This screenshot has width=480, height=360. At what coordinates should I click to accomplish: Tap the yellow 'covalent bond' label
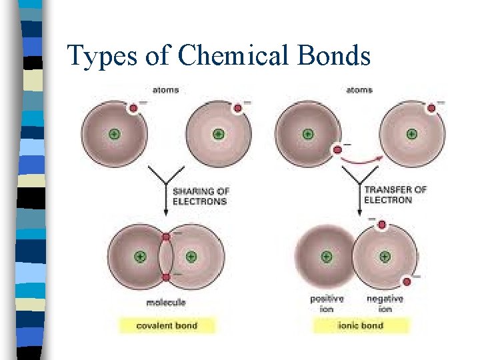[x=167, y=325]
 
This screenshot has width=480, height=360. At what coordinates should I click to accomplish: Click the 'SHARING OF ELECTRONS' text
[x=199, y=195]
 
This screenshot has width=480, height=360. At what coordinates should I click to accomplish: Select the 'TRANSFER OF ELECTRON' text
[x=395, y=195]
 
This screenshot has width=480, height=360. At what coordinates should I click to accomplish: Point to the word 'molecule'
[x=166, y=303]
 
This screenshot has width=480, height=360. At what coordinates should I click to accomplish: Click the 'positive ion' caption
[x=327, y=303]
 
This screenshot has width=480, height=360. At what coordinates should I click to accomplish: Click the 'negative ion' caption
[x=385, y=303]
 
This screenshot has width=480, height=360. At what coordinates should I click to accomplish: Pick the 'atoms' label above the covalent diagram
[x=166, y=90]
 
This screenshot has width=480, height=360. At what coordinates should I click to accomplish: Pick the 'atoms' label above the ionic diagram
[x=359, y=90]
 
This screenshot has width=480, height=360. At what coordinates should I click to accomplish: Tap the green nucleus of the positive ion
[x=327, y=257]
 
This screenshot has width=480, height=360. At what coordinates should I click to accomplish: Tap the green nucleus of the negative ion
[x=385, y=257]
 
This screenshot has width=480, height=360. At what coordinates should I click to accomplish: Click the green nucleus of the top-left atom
[x=113, y=135]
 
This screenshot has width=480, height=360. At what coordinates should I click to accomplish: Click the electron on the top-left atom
[x=133, y=108]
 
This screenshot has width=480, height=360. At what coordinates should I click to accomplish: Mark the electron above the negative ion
[x=381, y=225]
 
